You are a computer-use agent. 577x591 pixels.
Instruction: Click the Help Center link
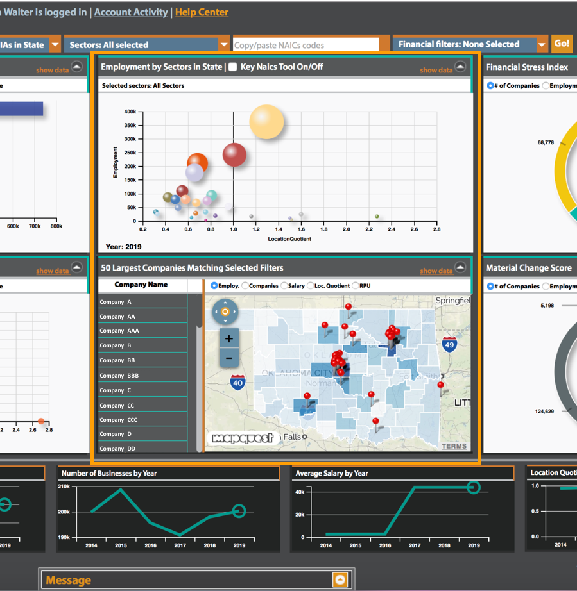[202, 12]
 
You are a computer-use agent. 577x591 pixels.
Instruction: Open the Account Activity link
[131, 12]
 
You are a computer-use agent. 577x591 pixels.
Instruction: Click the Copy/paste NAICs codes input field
[311, 45]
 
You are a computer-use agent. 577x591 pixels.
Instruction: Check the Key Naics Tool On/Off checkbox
[233, 67]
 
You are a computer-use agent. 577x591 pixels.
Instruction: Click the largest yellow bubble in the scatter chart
[266, 122]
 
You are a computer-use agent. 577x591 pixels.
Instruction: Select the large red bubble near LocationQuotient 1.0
[234, 154]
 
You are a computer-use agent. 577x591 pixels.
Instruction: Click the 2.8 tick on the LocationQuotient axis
[436, 229]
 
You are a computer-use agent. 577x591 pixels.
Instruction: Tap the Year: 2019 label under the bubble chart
[124, 247]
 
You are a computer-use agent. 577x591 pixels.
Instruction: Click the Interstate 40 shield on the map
[238, 383]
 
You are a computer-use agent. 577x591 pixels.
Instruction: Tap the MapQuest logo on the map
[243, 438]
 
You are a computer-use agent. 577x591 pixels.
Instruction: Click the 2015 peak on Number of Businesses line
[121, 490]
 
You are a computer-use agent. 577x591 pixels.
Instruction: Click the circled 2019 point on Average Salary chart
[473, 488]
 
